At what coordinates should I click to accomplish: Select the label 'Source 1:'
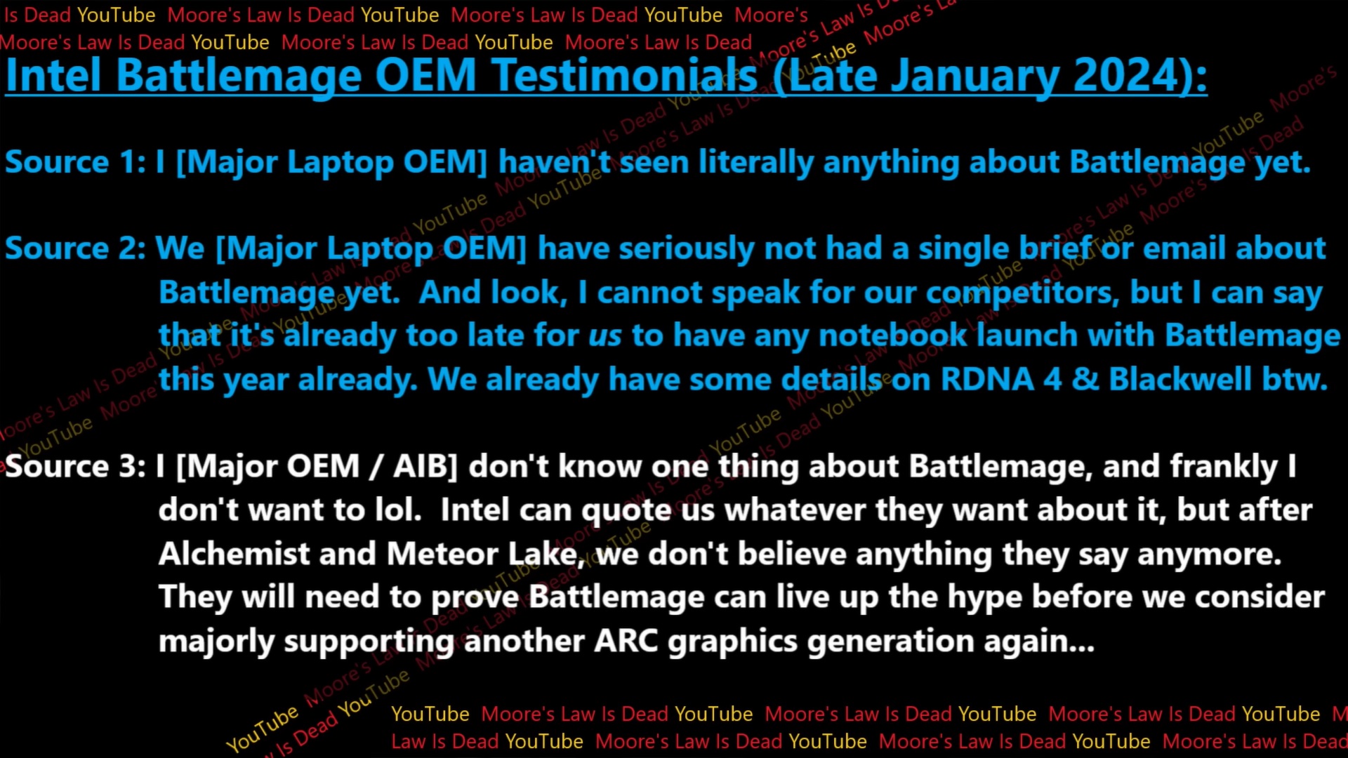coord(75,163)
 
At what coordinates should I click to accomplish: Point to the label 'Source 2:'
coord(75,249)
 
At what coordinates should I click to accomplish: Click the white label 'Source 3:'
coord(75,467)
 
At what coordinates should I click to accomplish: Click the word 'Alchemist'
coord(234,554)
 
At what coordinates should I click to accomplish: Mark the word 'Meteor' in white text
coord(442,554)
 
